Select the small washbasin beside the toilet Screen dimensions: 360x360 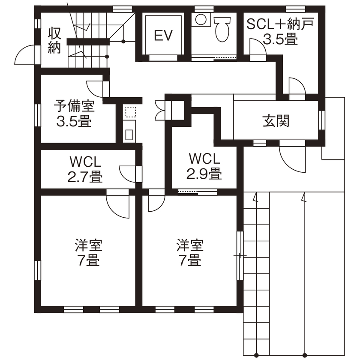(x=200, y=19)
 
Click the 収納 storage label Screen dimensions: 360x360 (x=54, y=40)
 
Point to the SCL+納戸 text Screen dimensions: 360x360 (x=279, y=23)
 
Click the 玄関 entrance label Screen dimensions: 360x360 (x=276, y=121)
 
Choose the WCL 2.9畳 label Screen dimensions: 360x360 (x=204, y=166)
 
